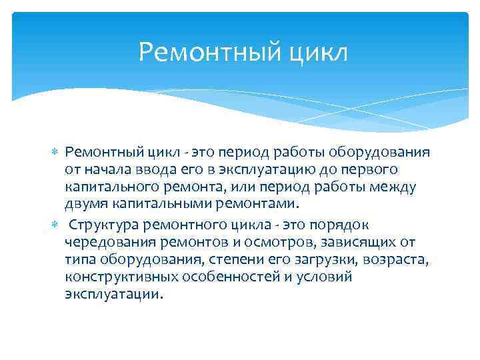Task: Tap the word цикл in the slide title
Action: [318, 51]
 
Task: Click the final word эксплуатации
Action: [113, 294]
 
